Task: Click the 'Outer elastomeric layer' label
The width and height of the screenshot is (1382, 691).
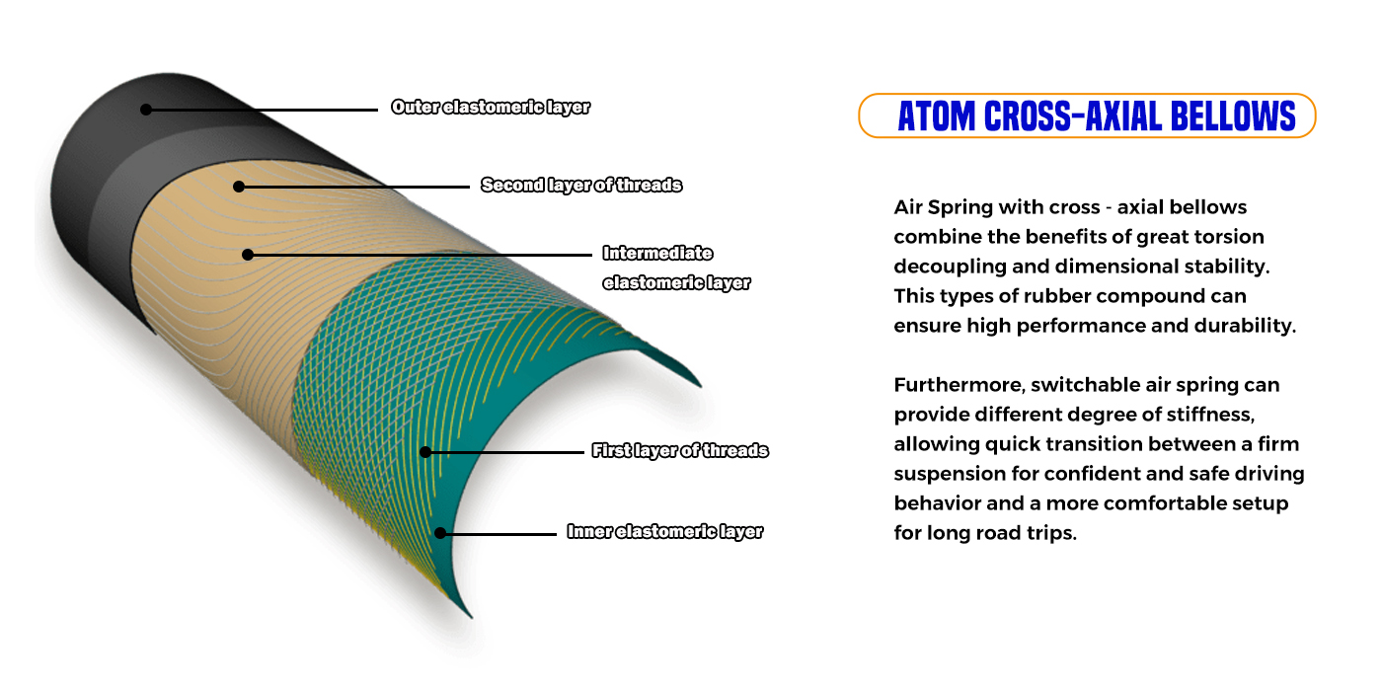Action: click(491, 108)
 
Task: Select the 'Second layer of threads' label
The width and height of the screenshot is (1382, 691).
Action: click(581, 186)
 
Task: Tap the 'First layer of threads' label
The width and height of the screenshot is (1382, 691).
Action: click(680, 451)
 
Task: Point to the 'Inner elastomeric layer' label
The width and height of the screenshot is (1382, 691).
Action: click(665, 532)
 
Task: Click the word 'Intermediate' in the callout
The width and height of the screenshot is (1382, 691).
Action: click(657, 253)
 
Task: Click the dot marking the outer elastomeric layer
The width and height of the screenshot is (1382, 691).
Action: click(146, 110)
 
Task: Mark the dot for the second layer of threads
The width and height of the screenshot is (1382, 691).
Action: click(239, 187)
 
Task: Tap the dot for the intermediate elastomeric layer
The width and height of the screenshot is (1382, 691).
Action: click(248, 255)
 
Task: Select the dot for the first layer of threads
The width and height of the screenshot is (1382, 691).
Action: click(425, 452)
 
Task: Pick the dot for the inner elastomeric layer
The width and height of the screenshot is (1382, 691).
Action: click(440, 533)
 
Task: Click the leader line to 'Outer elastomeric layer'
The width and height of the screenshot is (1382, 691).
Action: click(262, 110)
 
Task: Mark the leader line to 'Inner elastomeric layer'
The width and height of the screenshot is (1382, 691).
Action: click(499, 534)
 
